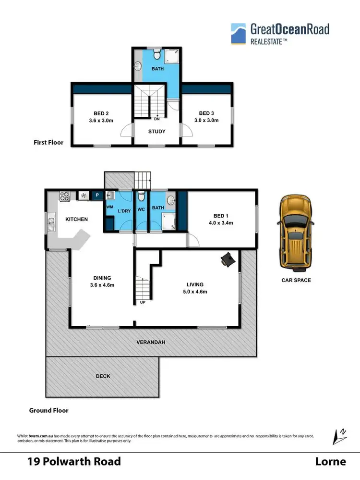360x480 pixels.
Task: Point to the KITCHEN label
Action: coord(76,219)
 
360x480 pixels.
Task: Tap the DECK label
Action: coord(103,376)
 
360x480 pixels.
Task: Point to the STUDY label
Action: coord(157,131)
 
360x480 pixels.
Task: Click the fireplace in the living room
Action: coord(228,259)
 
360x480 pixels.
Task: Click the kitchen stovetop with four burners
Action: coord(64,196)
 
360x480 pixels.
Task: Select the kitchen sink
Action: coord(51,223)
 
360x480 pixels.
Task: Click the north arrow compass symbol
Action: coord(339,436)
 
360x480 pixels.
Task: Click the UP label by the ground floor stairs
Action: coord(143,302)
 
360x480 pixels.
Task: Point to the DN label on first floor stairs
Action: coord(157,118)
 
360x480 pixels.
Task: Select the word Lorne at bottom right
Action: coord(330,462)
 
